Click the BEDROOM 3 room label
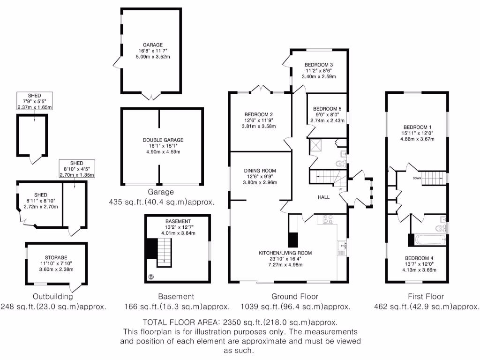tap(318, 64)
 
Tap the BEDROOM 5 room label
tap(327, 107)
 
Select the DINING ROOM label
tap(259, 171)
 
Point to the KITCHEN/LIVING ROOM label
tap(285, 253)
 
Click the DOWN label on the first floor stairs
tap(416, 178)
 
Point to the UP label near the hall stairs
tap(340, 189)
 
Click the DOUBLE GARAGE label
tap(163, 140)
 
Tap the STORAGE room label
tap(56, 257)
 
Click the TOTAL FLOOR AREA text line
tap(240, 323)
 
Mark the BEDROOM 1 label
tap(417, 127)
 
